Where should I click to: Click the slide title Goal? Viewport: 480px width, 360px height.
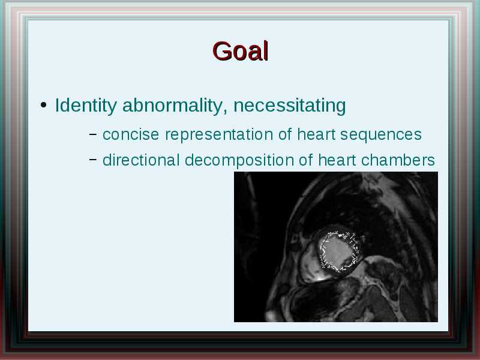[241, 51]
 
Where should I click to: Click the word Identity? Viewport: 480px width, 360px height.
[86, 106]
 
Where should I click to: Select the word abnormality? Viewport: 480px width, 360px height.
[175, 106]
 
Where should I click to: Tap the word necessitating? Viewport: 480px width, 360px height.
[290, 106]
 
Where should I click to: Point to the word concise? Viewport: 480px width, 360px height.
[131, 134]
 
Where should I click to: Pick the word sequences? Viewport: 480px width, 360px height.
[381, 135]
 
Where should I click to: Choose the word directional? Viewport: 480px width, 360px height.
[141, 160]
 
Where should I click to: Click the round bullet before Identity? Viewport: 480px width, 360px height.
[43, 106]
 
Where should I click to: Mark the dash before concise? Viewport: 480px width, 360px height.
[93, 134]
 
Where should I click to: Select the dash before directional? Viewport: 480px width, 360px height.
[93, 159]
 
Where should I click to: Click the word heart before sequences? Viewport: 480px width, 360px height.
[317, 134]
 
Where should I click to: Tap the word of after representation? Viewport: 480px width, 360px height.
[286, 134]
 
